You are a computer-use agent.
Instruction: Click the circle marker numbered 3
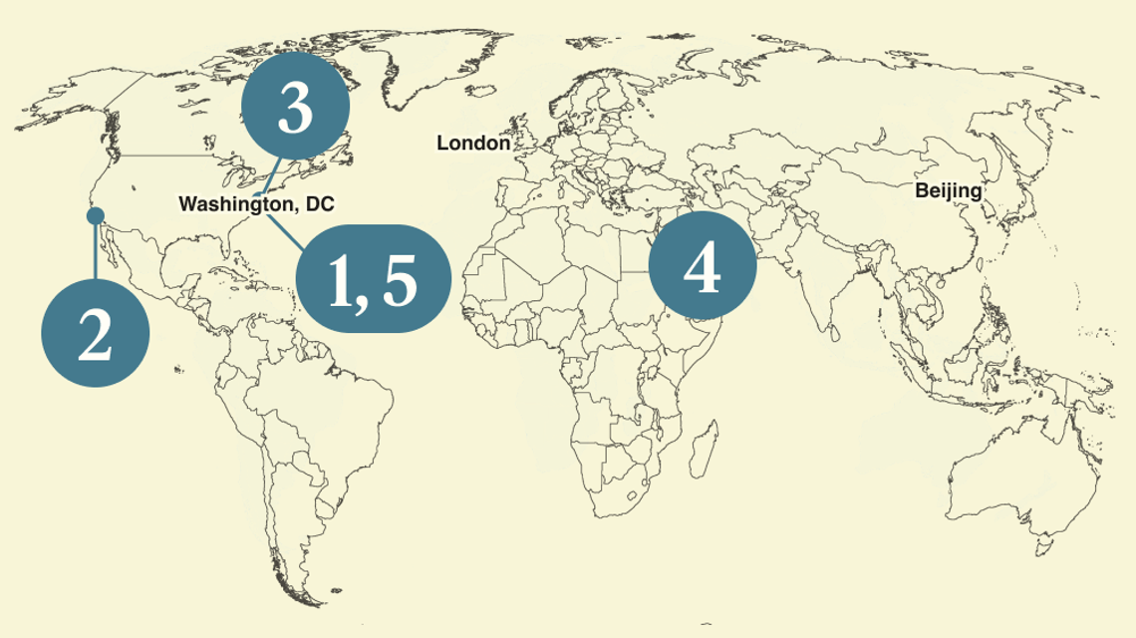tap(295, 109)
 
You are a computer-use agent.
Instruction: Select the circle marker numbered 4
tap(702, 266)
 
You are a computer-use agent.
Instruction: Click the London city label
tap(473, 144)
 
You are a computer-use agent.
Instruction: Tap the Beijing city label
tap(948, 190)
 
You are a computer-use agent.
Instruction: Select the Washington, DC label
tap(256, 204)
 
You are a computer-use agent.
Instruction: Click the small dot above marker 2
tap(96, 215)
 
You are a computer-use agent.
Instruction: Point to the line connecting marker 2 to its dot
tap(96, 254)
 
